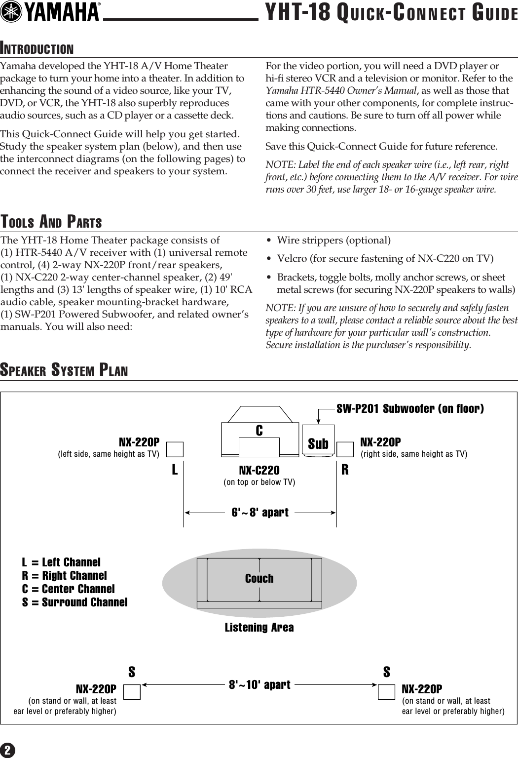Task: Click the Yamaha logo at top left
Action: (x=51, y=12)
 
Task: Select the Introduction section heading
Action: (x=37, y=49)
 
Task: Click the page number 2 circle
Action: (x=8, y=750)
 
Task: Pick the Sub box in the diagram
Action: (x=318, y=443)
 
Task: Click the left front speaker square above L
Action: (x=175, y=449)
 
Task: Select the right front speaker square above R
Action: (x=345, y=449)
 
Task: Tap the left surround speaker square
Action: (x=132, y=691)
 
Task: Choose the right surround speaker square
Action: (x=386, y=691)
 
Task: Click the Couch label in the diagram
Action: (x=259, y=578)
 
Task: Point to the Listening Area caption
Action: (x=259, y=628)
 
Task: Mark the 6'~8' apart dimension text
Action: (x=260, y=512)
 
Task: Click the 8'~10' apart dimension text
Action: (x=260, y=685)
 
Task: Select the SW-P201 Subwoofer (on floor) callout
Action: (x=410, y=408)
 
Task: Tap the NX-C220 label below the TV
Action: (x=259, y=470)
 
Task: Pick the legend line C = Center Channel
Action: (x=68, y=589)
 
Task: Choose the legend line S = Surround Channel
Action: (x=74, y=602)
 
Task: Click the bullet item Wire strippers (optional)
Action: (x=333, y=240)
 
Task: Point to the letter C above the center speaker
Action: (x=259, y=431)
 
